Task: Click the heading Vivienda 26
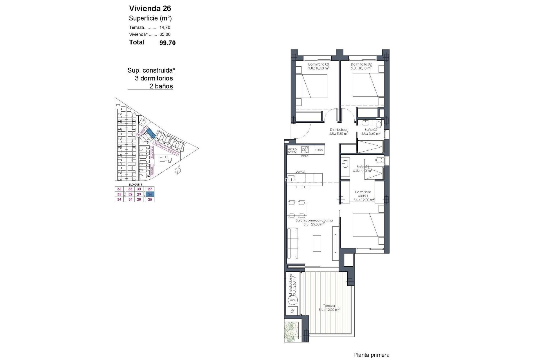click(150, 8)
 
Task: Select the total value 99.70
click(167, 43)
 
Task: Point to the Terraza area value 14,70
click(165, 28)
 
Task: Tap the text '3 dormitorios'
click(154, 78)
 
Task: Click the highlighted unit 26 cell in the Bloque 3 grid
click(150, 194)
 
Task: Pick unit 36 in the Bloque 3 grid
click(119, 189)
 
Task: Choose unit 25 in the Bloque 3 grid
click(150, 199)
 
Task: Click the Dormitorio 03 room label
click(318, 64)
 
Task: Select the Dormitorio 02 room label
click(361, 64)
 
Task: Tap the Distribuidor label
click(339, 130)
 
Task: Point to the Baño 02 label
click(370, 130)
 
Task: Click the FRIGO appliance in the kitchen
click(319, 150)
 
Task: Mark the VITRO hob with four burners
click(305, 149)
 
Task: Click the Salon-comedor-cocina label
click(314, 220)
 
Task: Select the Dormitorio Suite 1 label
click(363, 194)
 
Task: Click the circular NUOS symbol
click(292, 300)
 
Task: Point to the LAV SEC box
click(292, 311)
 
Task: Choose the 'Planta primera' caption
click(371, 355)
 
